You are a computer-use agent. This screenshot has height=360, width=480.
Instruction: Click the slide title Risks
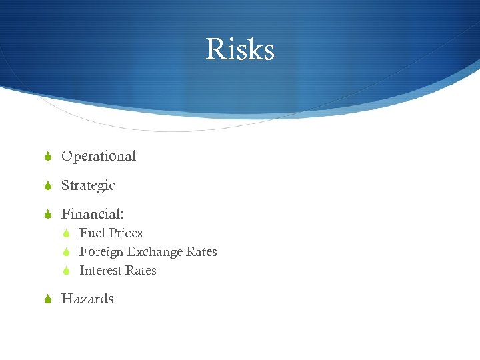240,49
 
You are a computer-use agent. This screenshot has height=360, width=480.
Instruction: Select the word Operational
99,157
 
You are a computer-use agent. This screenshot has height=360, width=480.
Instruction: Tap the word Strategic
88,186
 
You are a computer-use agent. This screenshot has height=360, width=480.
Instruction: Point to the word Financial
90,214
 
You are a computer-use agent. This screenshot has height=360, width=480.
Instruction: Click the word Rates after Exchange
201,252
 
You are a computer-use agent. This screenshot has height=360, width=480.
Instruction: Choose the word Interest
99,271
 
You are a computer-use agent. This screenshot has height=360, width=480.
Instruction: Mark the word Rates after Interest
140,271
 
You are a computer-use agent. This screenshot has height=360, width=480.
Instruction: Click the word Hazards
87,299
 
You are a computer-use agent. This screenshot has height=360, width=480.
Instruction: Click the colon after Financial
121,215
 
